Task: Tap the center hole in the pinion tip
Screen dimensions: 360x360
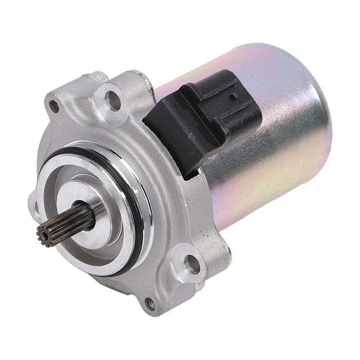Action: (44, 236)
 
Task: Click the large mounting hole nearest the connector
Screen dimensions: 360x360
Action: (111, 98)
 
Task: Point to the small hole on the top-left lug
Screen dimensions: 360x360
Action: (54, 107)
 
